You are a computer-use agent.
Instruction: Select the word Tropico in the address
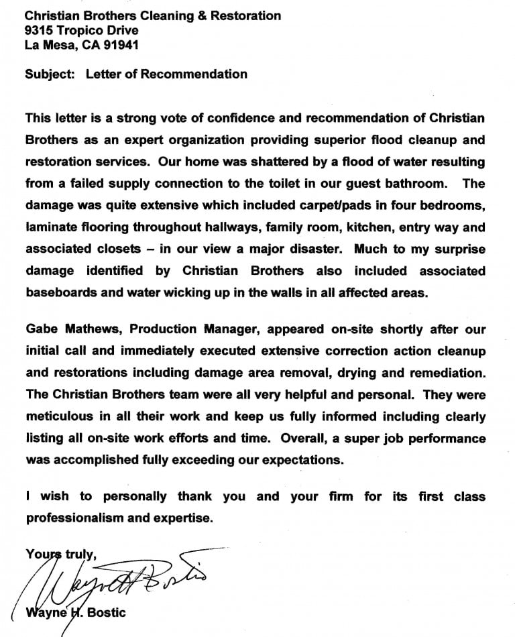click(78, 30)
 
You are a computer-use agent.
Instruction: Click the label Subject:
click(50, 74)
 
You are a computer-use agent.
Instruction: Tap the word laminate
click(52, 227)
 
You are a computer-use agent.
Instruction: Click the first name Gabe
click(42, 329)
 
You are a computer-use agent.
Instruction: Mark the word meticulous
click(59, 416)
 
